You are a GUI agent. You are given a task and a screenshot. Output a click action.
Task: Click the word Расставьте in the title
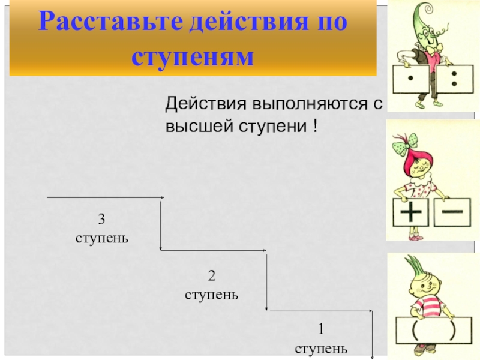tap(106, 22)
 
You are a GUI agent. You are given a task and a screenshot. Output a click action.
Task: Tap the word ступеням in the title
tap(193, 57)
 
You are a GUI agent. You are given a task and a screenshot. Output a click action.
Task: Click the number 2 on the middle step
tap(211, 275)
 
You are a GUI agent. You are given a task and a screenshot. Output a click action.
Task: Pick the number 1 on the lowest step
tap(320, 329)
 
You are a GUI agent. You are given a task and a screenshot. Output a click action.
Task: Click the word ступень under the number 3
tap(102, 238)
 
